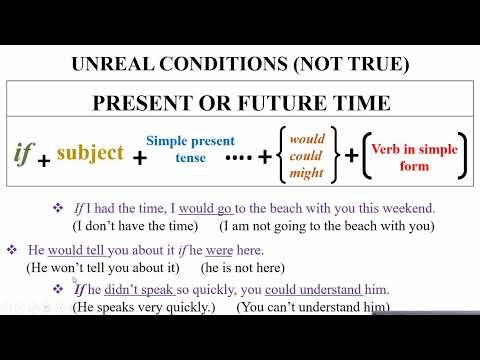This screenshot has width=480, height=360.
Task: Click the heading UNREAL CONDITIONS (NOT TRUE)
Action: (241, 64)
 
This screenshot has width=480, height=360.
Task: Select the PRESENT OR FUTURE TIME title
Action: (240, 103)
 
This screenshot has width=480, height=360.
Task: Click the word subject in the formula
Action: (90, 152)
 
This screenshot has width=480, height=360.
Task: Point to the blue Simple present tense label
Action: (183, 149)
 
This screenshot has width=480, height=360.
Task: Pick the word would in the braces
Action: (307, 139)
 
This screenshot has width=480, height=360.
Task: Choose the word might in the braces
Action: (307, 172)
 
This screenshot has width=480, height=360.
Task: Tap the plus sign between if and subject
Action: (45, 159)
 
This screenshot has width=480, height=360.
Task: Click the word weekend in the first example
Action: (406, 208)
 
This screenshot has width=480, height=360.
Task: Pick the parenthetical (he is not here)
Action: (243, 267)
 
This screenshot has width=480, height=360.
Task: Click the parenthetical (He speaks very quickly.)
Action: (130, 306)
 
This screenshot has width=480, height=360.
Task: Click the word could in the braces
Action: (307, 156)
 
